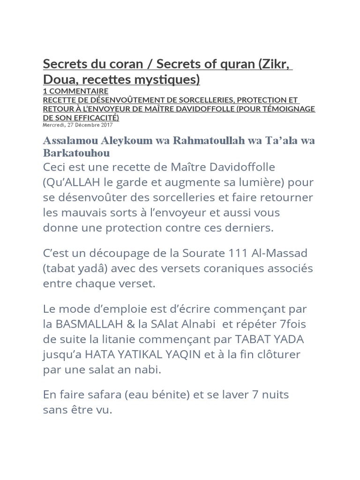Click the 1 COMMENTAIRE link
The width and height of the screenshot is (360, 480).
(75, 91)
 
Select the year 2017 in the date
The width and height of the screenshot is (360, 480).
(106, 125)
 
